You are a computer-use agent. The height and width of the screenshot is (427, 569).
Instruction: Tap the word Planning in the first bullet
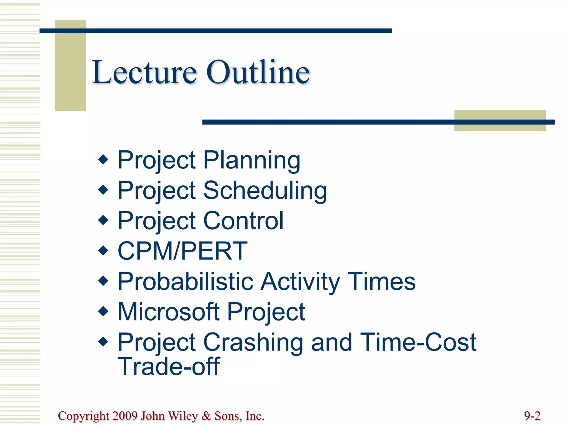(x=252, y=160)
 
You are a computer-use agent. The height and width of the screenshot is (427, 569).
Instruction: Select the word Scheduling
(x=265, y=191)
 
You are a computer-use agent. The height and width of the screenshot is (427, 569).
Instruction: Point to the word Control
(x=243, y=221)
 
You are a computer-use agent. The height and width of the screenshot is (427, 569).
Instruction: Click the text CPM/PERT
(x=182, y=251)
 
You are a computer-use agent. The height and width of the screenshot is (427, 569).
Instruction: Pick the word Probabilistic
(x=186, y=281)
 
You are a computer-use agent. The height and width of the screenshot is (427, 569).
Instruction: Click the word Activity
(x=300, y=281)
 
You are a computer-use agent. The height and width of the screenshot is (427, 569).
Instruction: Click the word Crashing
(x=253, y=342)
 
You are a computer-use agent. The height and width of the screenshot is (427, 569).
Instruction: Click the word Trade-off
(x=169, y=366)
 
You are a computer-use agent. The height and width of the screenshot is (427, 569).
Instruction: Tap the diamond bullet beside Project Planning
(x=103, y=160)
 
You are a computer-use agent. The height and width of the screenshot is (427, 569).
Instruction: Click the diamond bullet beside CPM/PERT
(x=103, y=250)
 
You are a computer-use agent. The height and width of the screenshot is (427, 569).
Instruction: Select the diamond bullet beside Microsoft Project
(x=103, y=311)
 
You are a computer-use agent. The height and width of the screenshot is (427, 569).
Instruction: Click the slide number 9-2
(x=532, y=416)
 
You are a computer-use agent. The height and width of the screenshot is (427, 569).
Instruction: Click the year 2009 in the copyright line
(x=125, y=416)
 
